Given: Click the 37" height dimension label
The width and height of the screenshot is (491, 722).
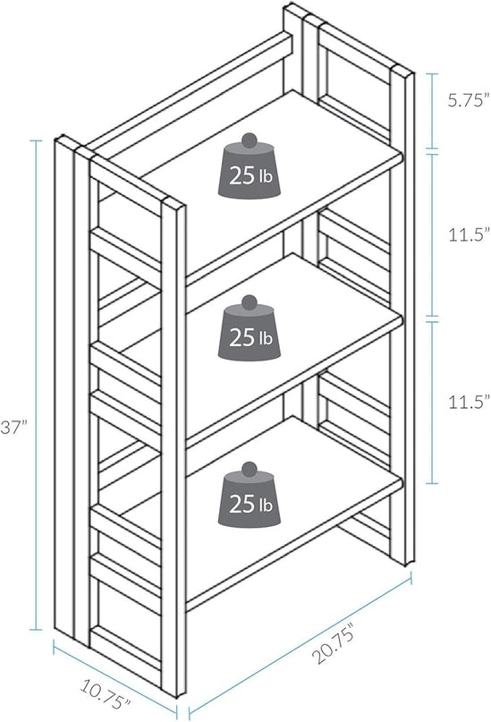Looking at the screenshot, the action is click(14, 428).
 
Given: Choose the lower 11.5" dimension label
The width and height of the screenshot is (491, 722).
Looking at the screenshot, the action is click(469, 402).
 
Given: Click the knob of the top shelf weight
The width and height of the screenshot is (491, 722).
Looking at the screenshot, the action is click(249, 140).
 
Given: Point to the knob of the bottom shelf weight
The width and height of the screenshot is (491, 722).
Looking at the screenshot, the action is click(249, 469).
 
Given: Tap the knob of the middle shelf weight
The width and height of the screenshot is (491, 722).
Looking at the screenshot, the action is click(249, 302).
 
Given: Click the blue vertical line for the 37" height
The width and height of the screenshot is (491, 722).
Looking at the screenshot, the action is click(36, 385).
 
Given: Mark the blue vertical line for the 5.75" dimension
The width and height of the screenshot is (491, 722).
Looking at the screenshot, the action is click(431, 111).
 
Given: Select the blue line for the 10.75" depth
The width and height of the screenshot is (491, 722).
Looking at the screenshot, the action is click(115, 676).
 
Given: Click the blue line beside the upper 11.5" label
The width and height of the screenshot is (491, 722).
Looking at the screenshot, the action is click(431, 234).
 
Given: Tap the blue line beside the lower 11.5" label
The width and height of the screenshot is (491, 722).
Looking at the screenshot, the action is click(431, 402).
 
